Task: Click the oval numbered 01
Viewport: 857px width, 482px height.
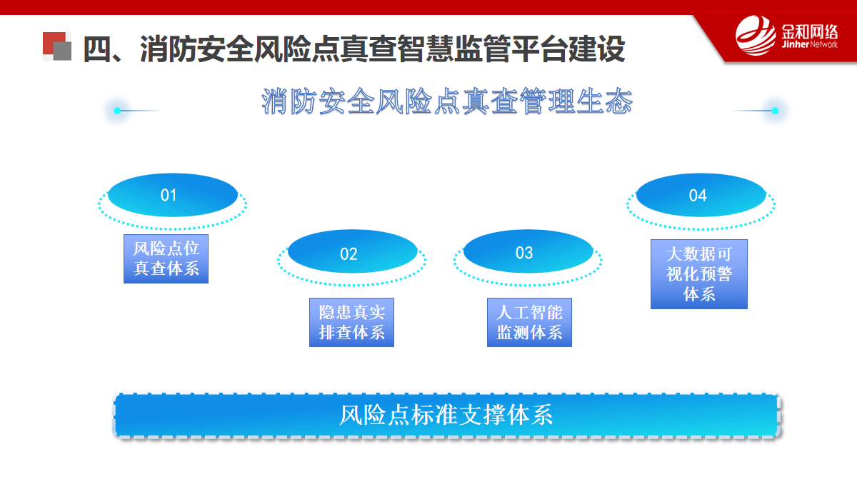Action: [x=173, y=195]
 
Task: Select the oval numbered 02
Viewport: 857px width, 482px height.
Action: [x=352, y=251]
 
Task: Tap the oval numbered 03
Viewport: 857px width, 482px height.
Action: [x=528, y=251]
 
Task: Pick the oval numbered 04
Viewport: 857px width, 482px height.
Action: [x=701, y=195]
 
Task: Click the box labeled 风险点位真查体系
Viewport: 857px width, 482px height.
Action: [x=166, y=259]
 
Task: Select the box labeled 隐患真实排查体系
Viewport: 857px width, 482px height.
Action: [x=351, y=323]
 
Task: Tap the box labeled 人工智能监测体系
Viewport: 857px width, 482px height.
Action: [x=529, y=323]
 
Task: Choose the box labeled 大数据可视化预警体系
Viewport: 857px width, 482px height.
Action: [x=699, y=274]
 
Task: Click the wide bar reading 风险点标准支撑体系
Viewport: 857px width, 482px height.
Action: [x=446, y=416]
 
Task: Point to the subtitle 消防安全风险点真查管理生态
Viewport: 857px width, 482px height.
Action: [x=447, y=101]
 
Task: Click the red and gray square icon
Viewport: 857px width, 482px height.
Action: [x=57, y=46]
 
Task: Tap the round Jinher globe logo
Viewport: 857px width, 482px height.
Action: [x=756, y=35]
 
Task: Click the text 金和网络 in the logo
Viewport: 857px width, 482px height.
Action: [x=809, y=31]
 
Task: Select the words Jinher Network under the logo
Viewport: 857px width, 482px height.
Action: [x=809, y=44]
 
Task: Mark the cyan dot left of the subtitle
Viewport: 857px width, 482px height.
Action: [x=117, y=111]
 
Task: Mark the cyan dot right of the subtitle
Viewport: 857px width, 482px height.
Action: [x=775, y=111]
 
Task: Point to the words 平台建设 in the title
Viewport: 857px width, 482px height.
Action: [x=568, y=49]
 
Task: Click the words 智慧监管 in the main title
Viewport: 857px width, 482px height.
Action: [x=454, y=49]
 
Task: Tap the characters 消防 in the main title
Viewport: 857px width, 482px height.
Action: [x=169, y=49]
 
